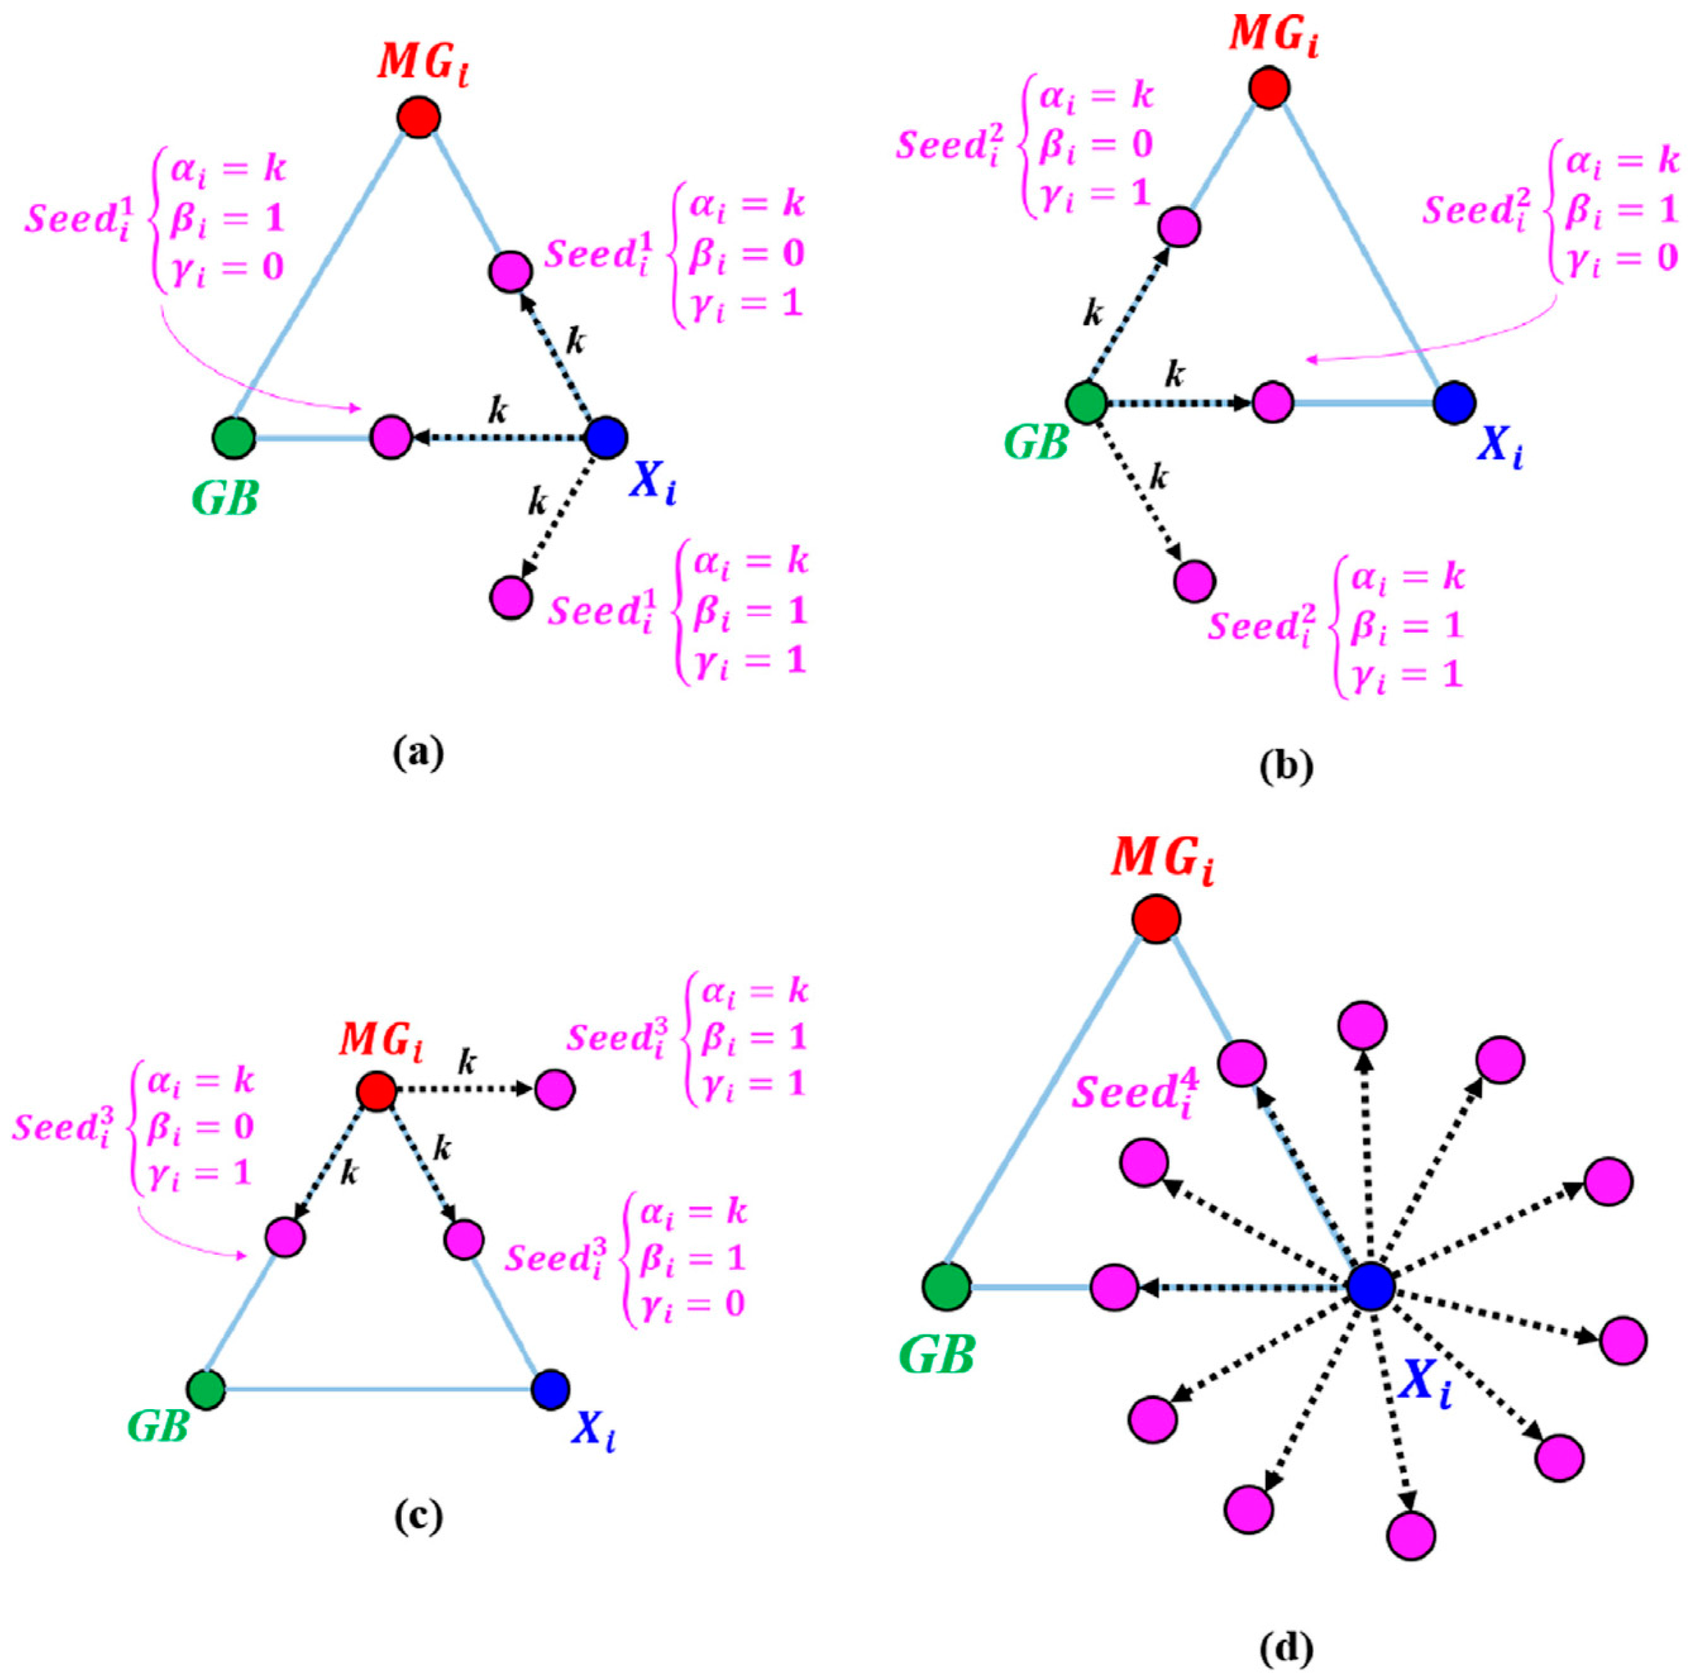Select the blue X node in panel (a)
pos(606,436)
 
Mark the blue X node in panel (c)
pos(550,1389)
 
